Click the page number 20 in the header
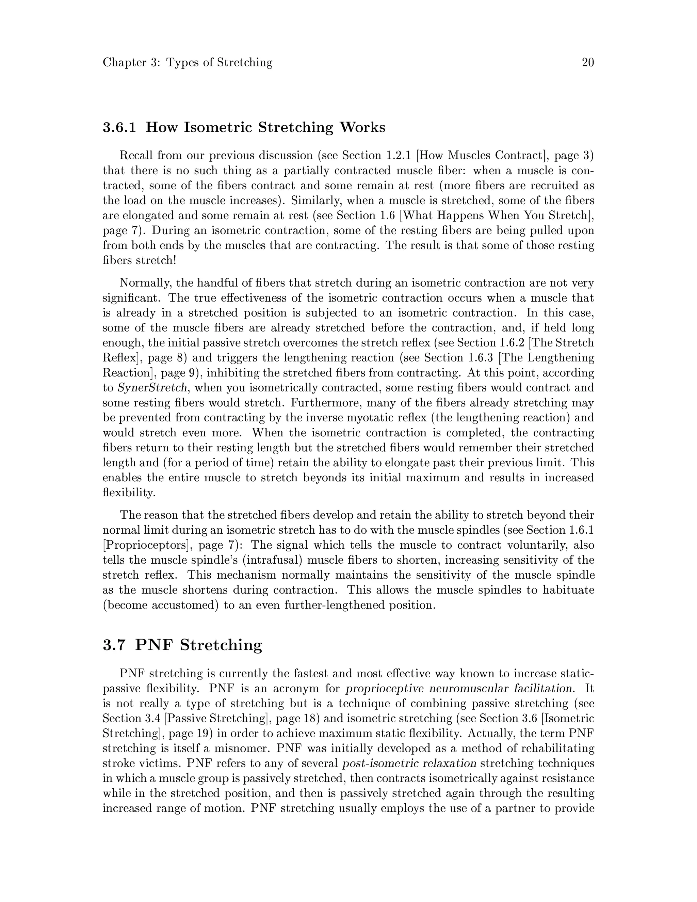click(587, 62)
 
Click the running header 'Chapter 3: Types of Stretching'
click(188, 62)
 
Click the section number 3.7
click(114, 645)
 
